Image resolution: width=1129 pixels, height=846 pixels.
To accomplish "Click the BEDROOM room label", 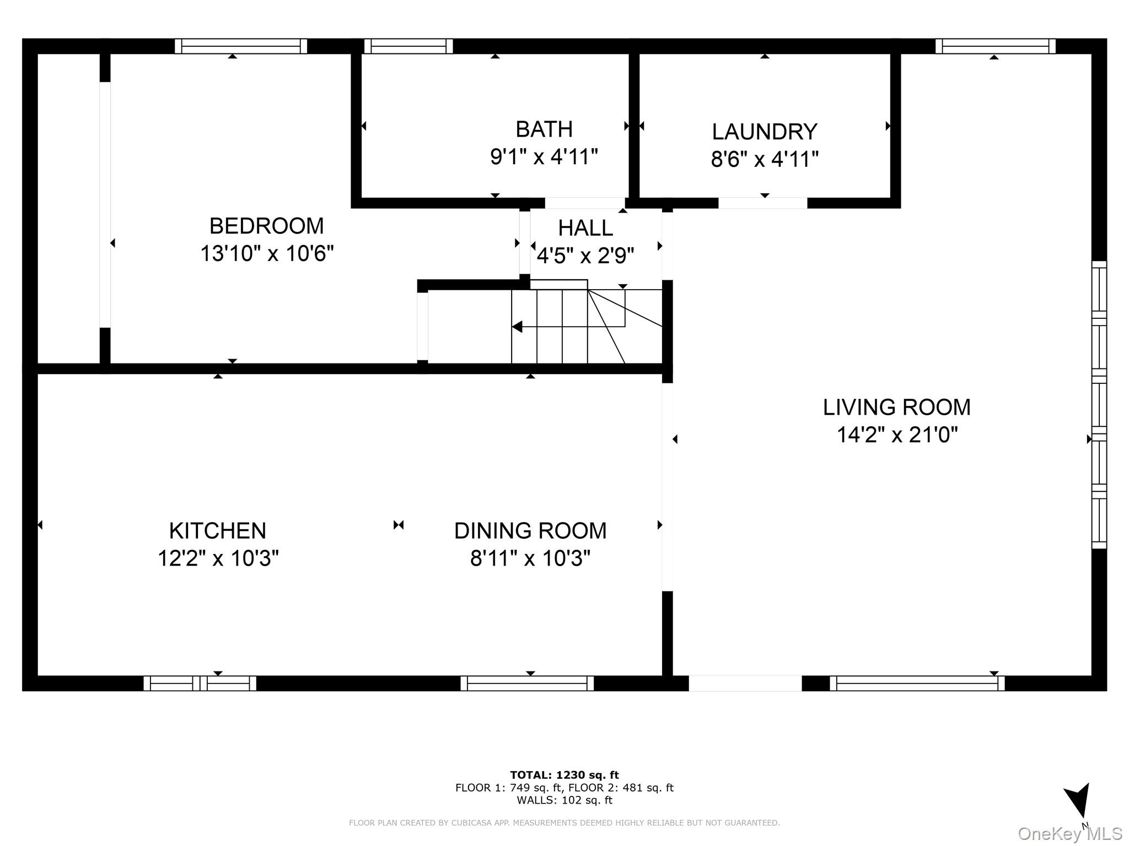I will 266,226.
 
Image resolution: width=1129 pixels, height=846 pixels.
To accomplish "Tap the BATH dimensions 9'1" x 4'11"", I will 544,157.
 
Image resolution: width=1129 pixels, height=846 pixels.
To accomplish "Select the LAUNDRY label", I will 764,132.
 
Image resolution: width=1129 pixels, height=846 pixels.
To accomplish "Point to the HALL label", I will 585,228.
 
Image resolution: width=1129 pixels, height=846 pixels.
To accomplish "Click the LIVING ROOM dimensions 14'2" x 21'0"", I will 897,435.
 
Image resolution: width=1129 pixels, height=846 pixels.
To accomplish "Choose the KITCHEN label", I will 218,531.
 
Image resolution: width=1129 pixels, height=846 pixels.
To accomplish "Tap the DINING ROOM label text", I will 530,531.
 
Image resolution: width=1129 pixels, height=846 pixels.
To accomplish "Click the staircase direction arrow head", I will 517,327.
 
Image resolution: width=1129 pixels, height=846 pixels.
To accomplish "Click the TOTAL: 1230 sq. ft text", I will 564,775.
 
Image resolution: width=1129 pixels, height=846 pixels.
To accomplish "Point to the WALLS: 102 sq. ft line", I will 564,800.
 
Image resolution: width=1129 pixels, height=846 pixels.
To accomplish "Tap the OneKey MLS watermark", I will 1069,833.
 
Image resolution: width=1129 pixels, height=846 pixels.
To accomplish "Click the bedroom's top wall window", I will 241,46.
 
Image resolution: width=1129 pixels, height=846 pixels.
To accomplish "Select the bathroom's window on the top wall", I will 408,46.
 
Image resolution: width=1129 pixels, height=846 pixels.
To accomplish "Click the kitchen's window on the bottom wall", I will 200,684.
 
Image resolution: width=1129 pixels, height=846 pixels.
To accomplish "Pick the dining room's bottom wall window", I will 527,684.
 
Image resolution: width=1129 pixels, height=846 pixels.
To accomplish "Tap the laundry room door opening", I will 762,203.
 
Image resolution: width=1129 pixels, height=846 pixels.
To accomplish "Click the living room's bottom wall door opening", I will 745,684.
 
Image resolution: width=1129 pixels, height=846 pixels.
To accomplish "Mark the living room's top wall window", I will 995,46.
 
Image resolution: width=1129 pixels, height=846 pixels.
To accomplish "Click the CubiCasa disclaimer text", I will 564,823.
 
